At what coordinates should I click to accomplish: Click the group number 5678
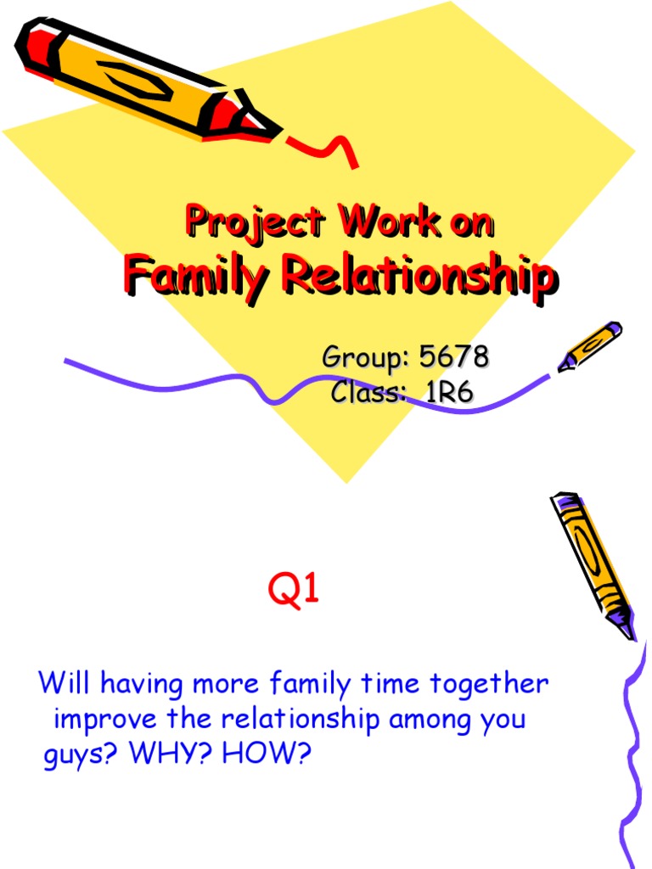pyautogui.click(x=454, y=358)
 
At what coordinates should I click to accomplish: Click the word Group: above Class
pyautogui.click(x=362, y=358)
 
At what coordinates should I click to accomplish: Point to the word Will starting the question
pyautogui.click(x=64, y=683)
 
